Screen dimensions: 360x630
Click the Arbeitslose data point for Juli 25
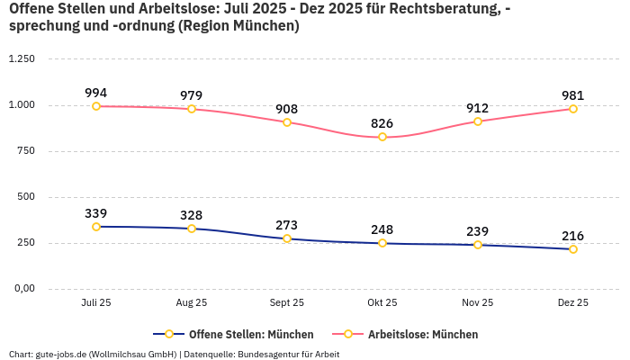96,106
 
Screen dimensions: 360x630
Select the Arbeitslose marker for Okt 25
382,137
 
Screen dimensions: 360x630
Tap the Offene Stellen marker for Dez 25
572,249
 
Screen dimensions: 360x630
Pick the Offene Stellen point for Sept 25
287,238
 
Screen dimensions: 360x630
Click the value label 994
96,93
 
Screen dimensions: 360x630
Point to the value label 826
382,123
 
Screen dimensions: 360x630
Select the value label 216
572,236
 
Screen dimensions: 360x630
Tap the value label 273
287,225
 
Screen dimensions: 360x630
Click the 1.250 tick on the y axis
21,59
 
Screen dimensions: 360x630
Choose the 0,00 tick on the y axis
22,289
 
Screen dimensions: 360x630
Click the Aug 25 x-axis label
192,303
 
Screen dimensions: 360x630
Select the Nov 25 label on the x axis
478,303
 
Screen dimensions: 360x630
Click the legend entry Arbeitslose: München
422,334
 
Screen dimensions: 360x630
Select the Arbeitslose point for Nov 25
478,121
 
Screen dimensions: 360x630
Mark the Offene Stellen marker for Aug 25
192,229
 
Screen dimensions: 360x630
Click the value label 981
572,95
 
